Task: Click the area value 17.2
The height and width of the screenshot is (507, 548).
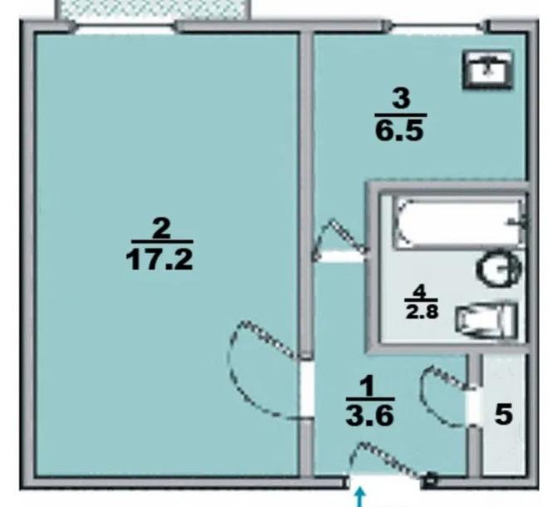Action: click(x=159, y=260)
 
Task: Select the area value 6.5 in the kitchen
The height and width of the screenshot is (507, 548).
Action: click(x=399, y=130)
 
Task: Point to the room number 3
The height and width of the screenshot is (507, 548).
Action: click(x=401, y=98)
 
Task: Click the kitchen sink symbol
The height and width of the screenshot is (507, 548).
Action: click(x=488, y=70)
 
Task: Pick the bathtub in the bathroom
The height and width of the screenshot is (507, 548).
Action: click(x=460, y=223)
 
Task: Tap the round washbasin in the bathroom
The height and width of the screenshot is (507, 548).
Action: click(x=498, y=268)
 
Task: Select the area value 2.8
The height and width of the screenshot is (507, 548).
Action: click(x=422, y=312)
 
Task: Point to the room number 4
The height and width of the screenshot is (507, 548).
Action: click(x=420, y=292)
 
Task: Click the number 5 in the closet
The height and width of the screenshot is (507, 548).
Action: click(x=504, y=415)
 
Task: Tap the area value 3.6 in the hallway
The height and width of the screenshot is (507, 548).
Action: click(x=370, y=416)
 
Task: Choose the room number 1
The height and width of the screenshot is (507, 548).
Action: click(x=367, y=386)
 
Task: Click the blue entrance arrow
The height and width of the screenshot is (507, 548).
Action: click(x=360, y=498)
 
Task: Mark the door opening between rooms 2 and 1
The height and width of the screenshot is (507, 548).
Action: click(x=307, y=389)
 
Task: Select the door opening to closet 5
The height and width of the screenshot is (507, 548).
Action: click(x=473, y=406)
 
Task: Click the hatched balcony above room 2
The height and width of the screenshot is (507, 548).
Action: click(x=153, y=10)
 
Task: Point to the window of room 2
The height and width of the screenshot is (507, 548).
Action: click(x=125, y=27)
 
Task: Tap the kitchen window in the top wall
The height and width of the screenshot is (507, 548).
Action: click(x=438, y=27)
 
